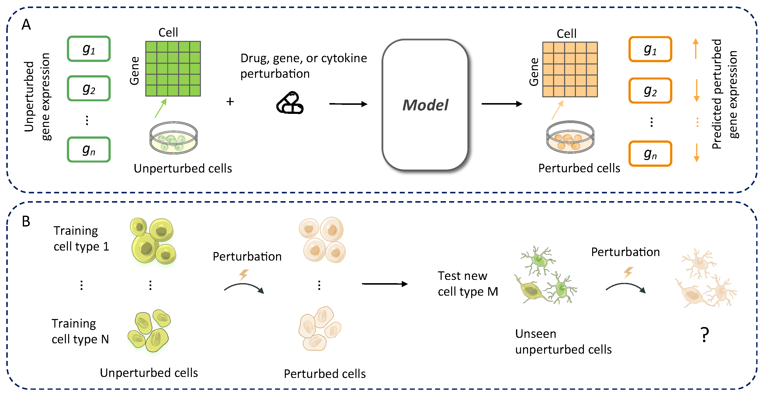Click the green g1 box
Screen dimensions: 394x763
(x=89, y=49)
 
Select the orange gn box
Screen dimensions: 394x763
(x=650, y=153)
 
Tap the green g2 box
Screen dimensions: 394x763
(x=89, y=88)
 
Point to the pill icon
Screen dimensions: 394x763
(x=290, y=103)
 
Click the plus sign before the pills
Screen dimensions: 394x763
(x=230, y=102)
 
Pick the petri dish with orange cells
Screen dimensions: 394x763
(x=570, y=137)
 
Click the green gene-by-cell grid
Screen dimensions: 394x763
(x=173, y=69)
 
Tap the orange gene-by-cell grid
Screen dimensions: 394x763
(x=570, y=69)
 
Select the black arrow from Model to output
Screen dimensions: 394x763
(x=501, y=104)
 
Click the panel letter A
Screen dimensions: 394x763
(x=26, y=24)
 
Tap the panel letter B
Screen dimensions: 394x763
(x=26, y=221)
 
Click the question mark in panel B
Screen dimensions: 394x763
(x=705, y=335)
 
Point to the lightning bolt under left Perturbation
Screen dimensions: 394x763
(x=244, y=275)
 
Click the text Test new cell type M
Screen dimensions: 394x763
(x=467, y=284)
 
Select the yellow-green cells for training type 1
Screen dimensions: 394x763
(x=153, y=241)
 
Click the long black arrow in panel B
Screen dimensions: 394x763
(x=385, y=284)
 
